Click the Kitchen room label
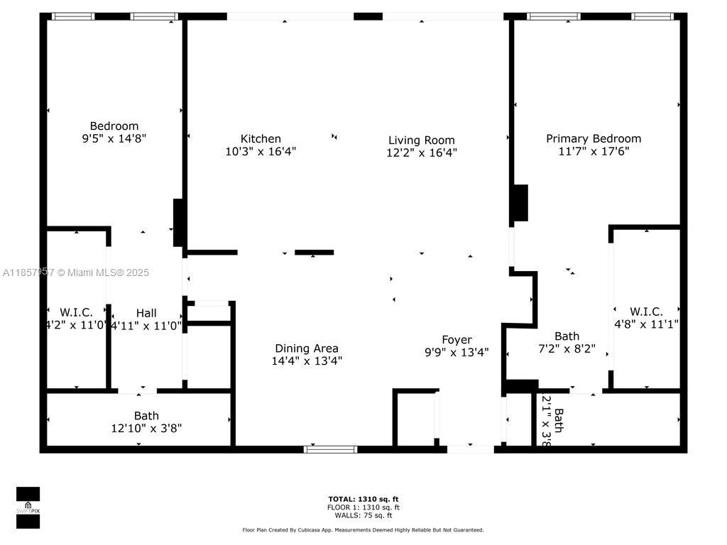click(261, 139)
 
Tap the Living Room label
click(421, 141)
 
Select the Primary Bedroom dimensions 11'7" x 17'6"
click(593, 151)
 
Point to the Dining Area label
click(307, 348)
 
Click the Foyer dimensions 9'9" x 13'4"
click(457, 352)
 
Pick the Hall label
click(146, 313)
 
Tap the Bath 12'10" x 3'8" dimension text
click(146, 428)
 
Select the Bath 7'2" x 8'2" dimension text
click(567, 349)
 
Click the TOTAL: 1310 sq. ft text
click(363, 499)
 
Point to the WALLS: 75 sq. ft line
click(363, 515)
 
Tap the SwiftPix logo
click(28, 508)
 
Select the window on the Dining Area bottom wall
click(331, 448)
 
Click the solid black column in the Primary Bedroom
click(521, 204)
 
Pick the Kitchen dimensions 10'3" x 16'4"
click(261, 151)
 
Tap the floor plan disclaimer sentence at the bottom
click(363, 530)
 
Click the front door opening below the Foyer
click(470, 448)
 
